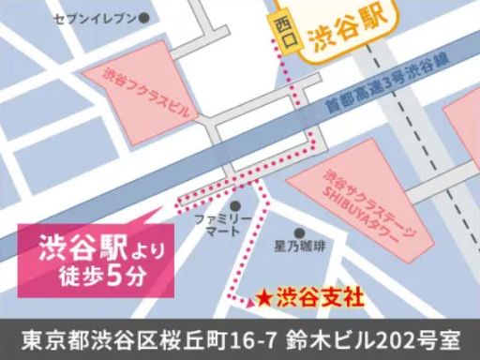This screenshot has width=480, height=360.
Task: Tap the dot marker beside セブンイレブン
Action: point(143,18)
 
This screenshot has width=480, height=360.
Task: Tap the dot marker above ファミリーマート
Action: point(234,203)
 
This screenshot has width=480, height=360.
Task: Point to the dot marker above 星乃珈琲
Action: point(299,233)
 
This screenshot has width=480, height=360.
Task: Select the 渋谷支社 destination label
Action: point(320,300)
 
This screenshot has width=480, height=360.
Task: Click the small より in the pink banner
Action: point(131,251)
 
